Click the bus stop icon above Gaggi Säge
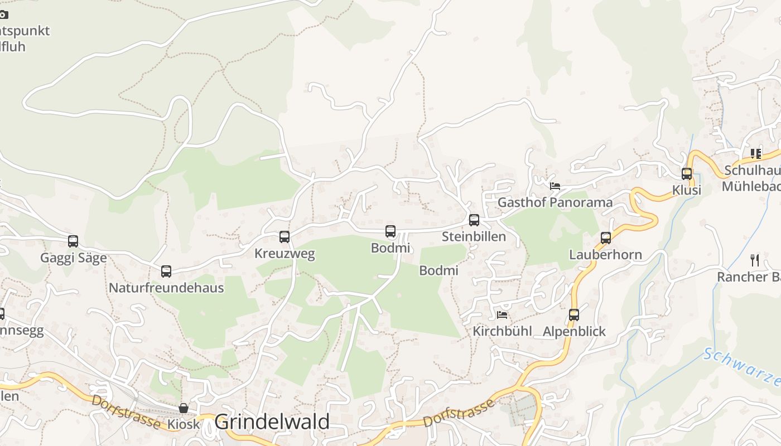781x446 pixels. (73, 241)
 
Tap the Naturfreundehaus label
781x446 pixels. (166, 288)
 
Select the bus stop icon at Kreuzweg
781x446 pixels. (285, 237)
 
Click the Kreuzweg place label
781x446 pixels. (285, 254)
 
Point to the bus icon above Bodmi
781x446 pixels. (390, 231)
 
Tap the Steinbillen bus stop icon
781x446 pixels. (474, 220)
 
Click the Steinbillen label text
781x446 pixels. (474, 236)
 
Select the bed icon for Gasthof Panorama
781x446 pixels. (555, 186)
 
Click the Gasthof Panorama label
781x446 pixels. (555, 202)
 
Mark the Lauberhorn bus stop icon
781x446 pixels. (606, 238)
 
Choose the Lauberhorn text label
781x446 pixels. (605, 255)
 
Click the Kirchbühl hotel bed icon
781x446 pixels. (502, 315)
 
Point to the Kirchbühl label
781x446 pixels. (502, 331)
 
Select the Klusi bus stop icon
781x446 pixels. (687, 174)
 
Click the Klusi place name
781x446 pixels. (686, 190)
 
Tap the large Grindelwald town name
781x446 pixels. (272, 422)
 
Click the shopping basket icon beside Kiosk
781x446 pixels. (184, 408)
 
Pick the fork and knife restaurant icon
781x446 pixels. (755, 260)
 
